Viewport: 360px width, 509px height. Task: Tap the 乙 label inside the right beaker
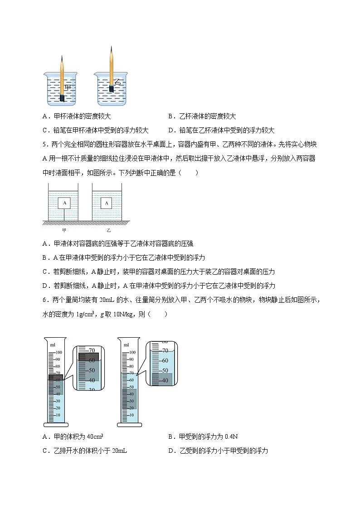pyautogui.click(x=118, y=82)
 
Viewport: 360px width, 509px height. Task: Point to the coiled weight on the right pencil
pyautogui.click(x=111, y=87)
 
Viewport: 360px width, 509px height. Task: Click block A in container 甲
pyautogui.click(x=64, y=203)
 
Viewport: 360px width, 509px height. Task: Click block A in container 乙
pyautogui.click(x=107, y=203)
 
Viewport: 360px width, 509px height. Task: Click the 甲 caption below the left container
pyautogui.click(x=64, y=230)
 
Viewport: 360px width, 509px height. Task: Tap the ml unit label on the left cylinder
pyautogui.click(x=53, y=344)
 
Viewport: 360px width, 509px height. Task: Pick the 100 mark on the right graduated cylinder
pyautogui.click(x=132, y=352)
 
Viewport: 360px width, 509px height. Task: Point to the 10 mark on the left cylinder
pyautogui.click(x=58, y=415)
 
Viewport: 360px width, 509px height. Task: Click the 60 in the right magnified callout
pyautogui.click(x=165, y=360)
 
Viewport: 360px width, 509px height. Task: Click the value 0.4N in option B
pyautogui.click(x=231, y=436)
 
